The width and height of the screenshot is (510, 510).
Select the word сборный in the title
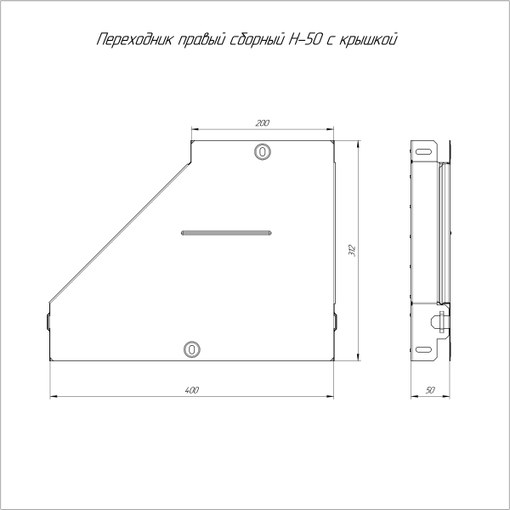pos(257,40)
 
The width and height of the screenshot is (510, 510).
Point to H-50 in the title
pos(303,39)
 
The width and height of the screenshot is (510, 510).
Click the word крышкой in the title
pos(368,40)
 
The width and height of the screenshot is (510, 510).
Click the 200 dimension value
pos(262,123)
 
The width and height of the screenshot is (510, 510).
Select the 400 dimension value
pos(191,390)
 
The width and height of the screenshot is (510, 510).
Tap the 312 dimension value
pos(353,251)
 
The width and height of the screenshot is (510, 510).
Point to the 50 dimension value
pos(430,390)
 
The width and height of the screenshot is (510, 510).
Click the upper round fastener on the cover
pos(263,151)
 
